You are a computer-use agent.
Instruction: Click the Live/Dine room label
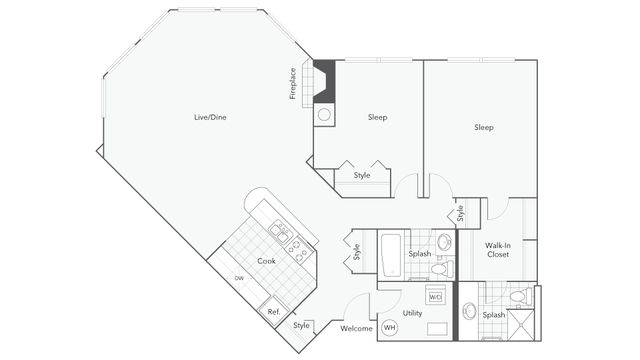click(210, 117)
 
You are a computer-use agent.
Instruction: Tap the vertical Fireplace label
click(293, 84)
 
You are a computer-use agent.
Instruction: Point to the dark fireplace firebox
click(324, 81)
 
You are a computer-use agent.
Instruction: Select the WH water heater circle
click(389, 327)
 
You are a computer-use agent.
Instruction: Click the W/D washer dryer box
click(436, 297)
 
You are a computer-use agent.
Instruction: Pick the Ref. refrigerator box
click(273, 312)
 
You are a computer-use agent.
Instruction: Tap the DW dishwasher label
click(239, 278)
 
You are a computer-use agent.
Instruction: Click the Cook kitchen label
click(266, 261)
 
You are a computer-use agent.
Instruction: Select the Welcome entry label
click(356, 328)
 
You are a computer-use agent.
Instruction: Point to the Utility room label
click(412, 313)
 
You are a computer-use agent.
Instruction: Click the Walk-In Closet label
click(498, 250)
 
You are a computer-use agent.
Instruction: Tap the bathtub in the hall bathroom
click(391, 255)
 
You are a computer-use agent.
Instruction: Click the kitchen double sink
click(280, 231)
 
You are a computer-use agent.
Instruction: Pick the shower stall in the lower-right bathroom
click(520, 325)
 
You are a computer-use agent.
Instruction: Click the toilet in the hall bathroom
click(442, 269)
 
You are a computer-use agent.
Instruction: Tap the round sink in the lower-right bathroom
click(469, 311)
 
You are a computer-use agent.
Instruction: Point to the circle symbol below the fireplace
click(324, 115)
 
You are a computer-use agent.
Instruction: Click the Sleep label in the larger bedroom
click(484, 127)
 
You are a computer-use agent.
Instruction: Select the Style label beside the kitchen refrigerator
click(301, 325)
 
